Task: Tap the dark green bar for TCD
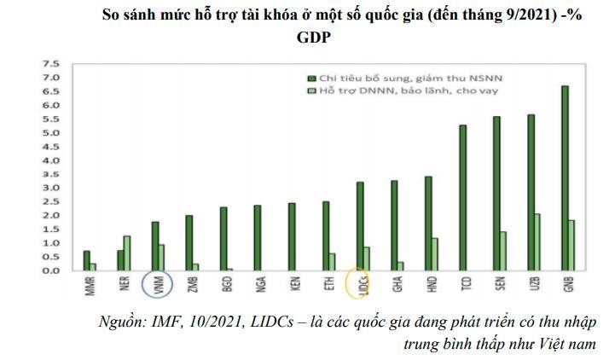(x=462, y=197)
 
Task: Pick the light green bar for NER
(x=127, y=253)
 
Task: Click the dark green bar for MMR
(x=86, y=260)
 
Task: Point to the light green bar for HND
(x=435, y=253)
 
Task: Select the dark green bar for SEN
(x=496, y=193)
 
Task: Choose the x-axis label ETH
(x=328, y=283)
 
